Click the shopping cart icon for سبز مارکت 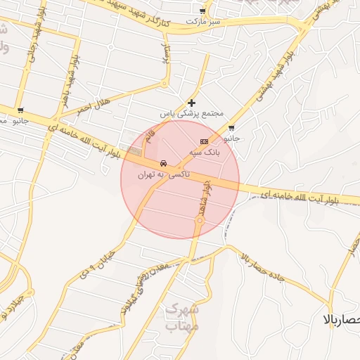203,11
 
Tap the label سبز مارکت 203,22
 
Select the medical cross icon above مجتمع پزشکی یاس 191,103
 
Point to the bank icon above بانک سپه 205,141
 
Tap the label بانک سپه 207,151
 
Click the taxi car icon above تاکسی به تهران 163,162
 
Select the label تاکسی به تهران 163,173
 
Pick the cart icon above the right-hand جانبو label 232,128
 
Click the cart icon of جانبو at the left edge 20,110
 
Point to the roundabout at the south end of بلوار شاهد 200,221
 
